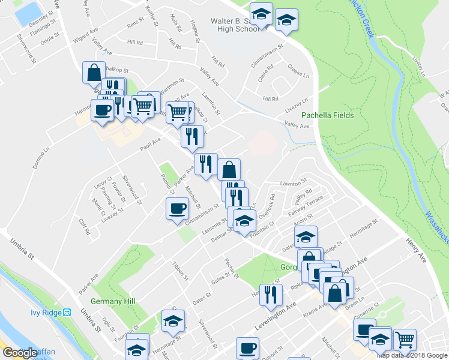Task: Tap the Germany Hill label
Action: coord(113,301)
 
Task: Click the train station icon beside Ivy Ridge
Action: coord(68,313)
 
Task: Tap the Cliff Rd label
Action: coord(84,226)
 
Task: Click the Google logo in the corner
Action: coord(19,353)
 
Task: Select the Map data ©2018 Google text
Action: coord(411,355)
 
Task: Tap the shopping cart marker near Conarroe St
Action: coord(405,340)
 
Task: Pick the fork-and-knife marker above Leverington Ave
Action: coord(271,293)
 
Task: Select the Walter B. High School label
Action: coord(227,25)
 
